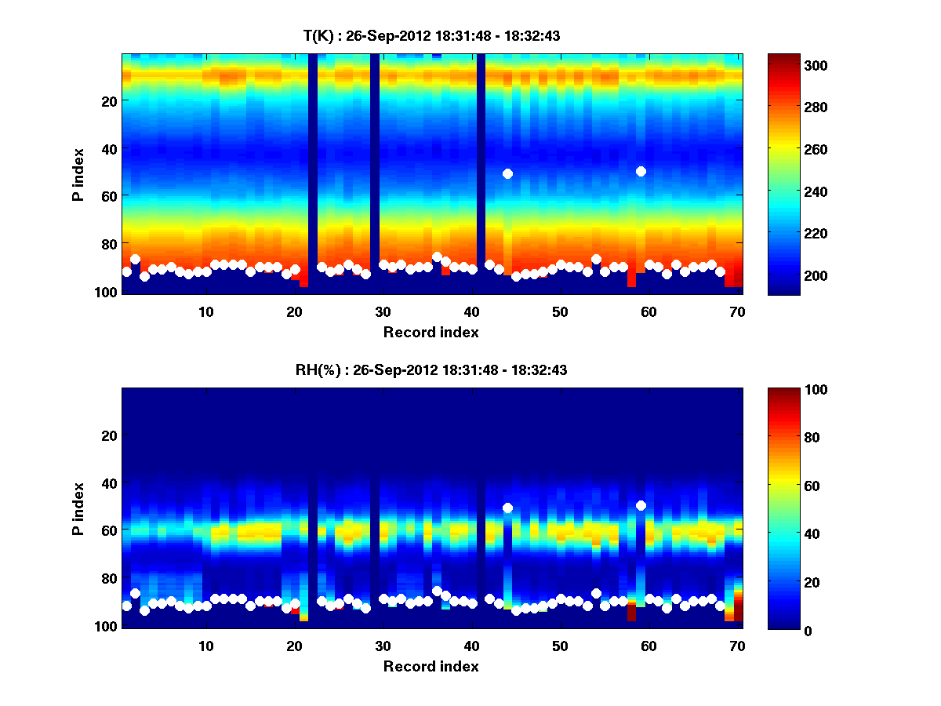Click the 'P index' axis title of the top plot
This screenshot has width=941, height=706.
78,174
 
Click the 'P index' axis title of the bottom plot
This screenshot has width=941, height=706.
78,508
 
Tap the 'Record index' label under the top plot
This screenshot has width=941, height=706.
431,333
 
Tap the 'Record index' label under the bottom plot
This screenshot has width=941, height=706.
431,667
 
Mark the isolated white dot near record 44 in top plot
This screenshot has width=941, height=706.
507,173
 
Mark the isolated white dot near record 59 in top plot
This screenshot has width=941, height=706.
641,171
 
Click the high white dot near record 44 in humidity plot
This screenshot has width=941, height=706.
507,508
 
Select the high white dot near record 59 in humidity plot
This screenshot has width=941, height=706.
641,505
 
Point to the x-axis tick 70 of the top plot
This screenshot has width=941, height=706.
736,311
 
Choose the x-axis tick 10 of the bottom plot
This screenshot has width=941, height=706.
205,646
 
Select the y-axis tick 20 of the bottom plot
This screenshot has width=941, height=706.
109,435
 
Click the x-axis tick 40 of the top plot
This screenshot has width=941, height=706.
471,311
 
